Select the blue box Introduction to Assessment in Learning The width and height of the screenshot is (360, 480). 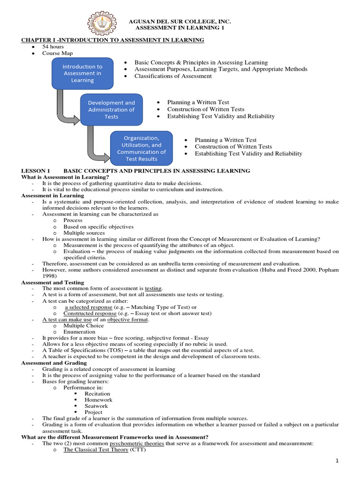coord(82,74)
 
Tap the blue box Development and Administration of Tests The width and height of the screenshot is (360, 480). coord(111,110)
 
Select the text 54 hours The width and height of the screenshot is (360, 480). coord(53,47)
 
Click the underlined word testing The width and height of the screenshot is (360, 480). coord(153,288)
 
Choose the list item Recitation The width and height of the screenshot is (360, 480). coord(97,394)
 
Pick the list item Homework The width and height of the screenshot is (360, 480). coord(98,400)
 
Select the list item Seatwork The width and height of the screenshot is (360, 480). coord(96,406)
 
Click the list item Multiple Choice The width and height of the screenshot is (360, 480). coord(83,325)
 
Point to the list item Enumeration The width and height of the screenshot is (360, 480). coord(80,331)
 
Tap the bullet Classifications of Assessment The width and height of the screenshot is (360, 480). coord(173,76)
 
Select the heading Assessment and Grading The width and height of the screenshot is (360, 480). coord(54,363)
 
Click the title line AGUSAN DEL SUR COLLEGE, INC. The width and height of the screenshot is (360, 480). coord(180,22)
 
